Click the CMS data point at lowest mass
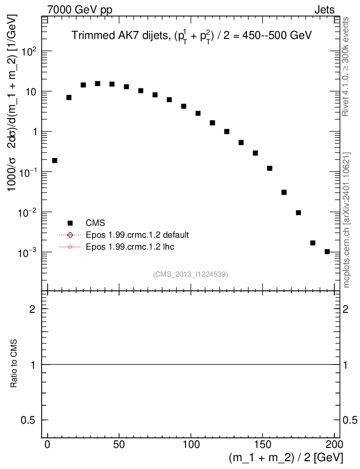tap(55, 160)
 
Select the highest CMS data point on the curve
tap(98, 83)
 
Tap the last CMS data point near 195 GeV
tap(327, 251)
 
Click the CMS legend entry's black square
tap(70, 223)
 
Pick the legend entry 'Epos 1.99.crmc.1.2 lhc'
tap(130, 247)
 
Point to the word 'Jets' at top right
tap(324, 10)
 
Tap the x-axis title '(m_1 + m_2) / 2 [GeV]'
tap(286, 458)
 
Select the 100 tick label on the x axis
tap(191, 444)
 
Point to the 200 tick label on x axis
tap(334, 444)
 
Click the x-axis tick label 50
tap(119, 444)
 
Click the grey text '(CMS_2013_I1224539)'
tap(191, 274)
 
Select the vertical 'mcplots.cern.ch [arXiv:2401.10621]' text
tap(347, 220)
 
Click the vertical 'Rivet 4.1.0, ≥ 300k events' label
tap(347, 67)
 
